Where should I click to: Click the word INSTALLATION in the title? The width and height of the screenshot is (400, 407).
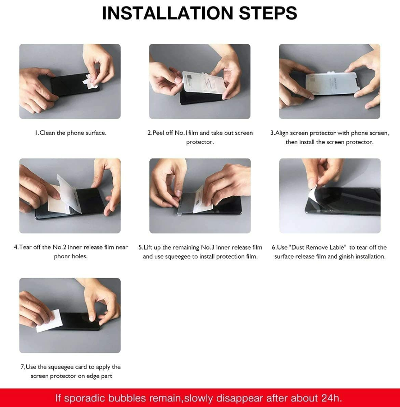tap(167, 13)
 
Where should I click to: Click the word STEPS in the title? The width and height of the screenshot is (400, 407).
tap(268, 13)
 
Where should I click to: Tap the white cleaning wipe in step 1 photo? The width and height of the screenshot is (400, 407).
tap(91, 80)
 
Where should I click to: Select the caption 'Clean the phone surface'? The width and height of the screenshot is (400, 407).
tap(73, 133)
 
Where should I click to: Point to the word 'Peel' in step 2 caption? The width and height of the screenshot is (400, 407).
tap(159, 133)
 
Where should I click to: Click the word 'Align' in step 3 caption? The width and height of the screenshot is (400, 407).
tap(282, 133)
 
